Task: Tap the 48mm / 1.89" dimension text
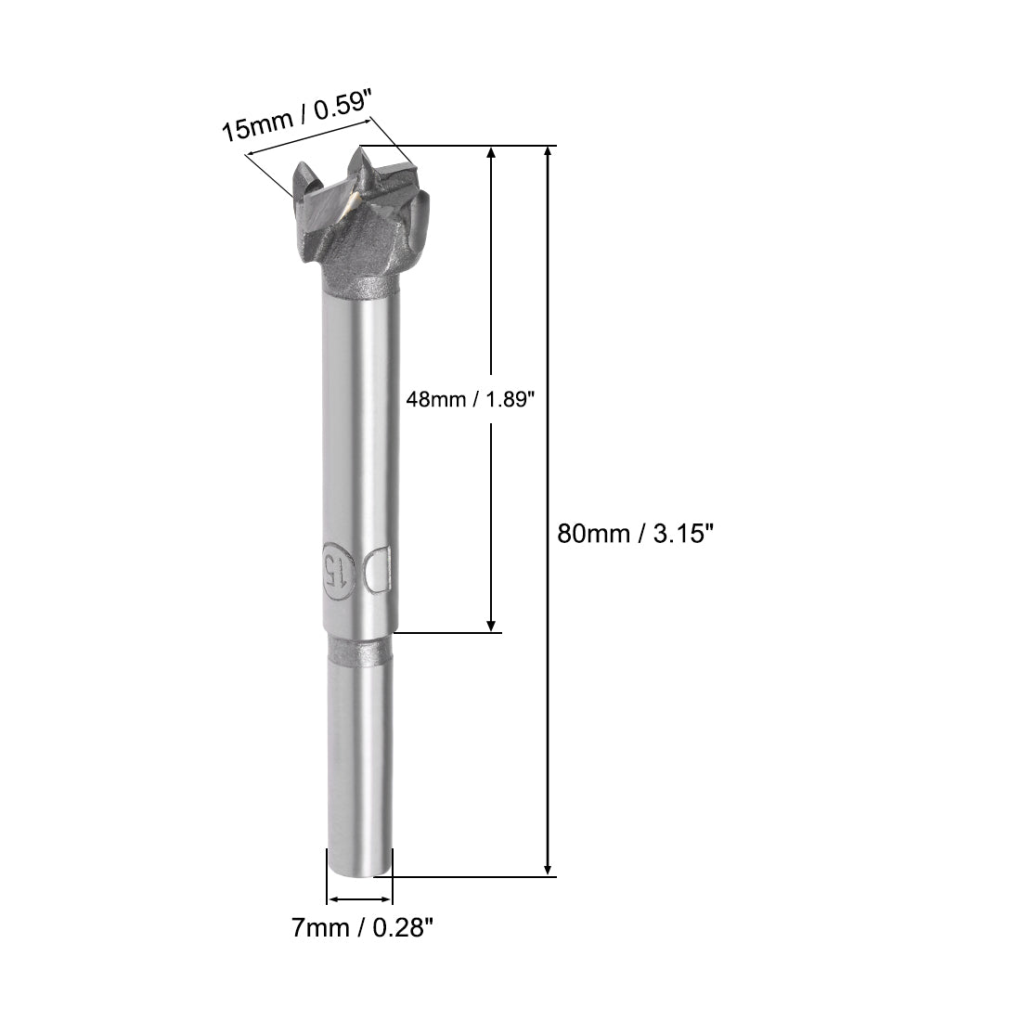coord(472,399)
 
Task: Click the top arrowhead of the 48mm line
coord(491,153)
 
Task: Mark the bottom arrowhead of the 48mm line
coord(491,626)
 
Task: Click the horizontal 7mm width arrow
coord(360,898)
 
